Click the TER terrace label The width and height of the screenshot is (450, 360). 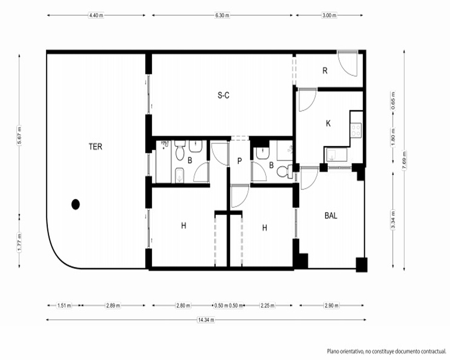tap(95, 147)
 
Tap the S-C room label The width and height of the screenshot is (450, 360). tap(223, 95)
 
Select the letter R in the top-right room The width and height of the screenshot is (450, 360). tap(325, 71)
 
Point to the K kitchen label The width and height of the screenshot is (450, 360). tap(328, 123)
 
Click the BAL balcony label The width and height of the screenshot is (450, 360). tap(331, 216)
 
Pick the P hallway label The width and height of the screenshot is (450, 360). tap(240, 162)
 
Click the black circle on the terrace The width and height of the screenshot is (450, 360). tap(76, 204)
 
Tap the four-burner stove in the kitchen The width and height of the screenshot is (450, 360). tap(356, 130)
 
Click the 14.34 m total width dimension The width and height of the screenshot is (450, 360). tap(206, 319)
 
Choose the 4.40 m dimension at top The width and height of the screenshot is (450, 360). tap(96, 15)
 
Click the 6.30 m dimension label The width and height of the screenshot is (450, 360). tap(222, 15)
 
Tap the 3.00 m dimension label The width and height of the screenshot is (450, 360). tap(329, 15)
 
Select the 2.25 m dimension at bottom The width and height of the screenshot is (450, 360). tap(267, 306)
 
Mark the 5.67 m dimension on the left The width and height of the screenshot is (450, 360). tap(19, 135)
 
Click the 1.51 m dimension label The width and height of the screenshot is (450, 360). tap(64, 306)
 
